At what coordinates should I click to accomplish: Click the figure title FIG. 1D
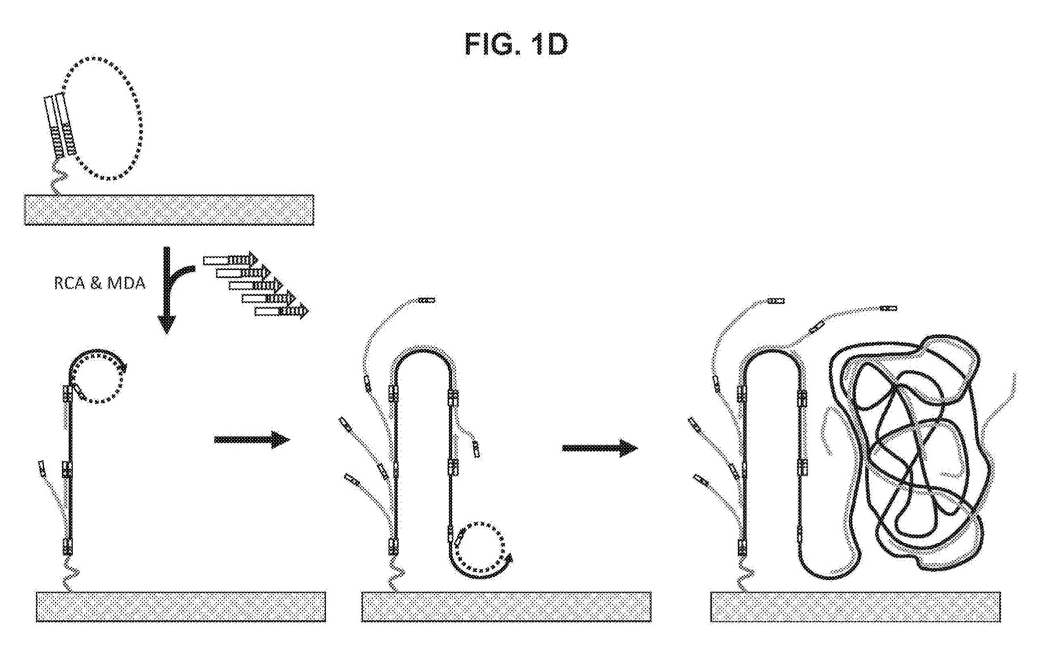(x=515, y=44)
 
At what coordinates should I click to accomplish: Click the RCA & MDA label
(x=100, y=283)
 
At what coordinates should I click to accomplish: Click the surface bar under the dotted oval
(x=169, y=210)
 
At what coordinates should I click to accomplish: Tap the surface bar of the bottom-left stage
(x=181, y=606)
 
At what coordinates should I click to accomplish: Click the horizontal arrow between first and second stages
(x=252, y=439)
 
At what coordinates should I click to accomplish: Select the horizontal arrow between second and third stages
(x=599, y=448)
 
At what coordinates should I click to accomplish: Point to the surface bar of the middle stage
(x=506, y=606)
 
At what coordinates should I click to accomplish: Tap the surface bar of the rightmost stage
(x=855, y=606)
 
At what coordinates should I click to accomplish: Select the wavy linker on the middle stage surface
(x=393, y=573)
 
